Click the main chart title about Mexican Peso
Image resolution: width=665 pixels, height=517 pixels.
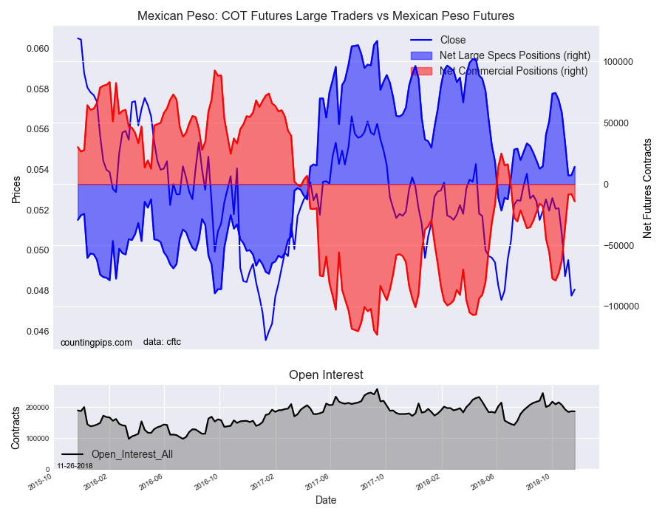pyautogui.click(x=326, y=16)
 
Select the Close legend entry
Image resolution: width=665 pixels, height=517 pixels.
pyautogui.click(x=452, y=40)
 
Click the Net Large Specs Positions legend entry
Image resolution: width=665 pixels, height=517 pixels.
pyautogui.click(x=514, y=55)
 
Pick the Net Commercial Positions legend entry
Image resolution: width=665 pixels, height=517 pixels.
pyautogui.click(x=513, y=71)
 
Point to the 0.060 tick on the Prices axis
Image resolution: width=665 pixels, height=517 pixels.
pyautogui.click(x=38, y=49)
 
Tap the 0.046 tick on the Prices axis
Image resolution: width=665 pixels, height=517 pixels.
pyautogui.click(x=38, y=331)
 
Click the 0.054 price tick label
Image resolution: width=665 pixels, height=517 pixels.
pyautogui.click(x=38, y=170)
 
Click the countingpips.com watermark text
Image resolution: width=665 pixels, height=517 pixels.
pyautogui.click(x=96, y=342)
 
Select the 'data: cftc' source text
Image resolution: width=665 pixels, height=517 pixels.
pyautogui.click(x=162, y=342)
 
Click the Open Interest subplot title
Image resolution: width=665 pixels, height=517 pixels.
pyautogui.click(x=326, y=375)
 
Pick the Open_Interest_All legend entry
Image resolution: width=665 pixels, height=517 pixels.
pyautogui.click(x=132, y=454)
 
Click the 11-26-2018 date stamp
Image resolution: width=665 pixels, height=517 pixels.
pyautogui.click(x=74, y=466)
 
